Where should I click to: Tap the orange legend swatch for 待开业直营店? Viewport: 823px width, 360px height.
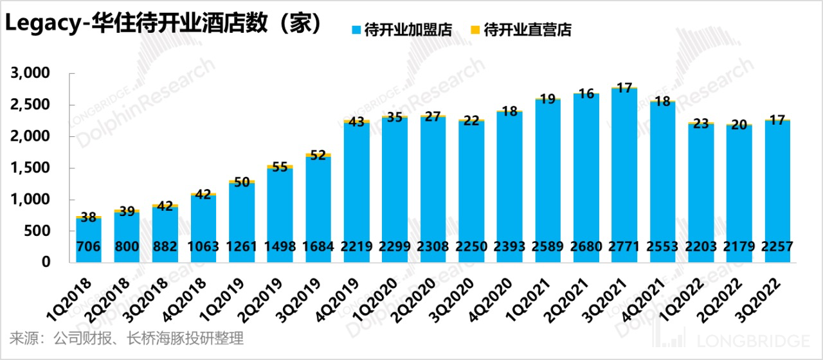point(475,30)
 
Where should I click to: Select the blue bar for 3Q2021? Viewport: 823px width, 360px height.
point(624,174)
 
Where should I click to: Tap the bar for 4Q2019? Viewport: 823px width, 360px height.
point(356,193)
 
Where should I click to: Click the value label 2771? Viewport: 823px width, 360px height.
point(624,247)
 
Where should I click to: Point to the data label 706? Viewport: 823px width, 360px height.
point(89,247)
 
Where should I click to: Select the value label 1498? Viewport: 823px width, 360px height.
point(280,247)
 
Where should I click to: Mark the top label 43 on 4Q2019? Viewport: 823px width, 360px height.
point(356,122)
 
